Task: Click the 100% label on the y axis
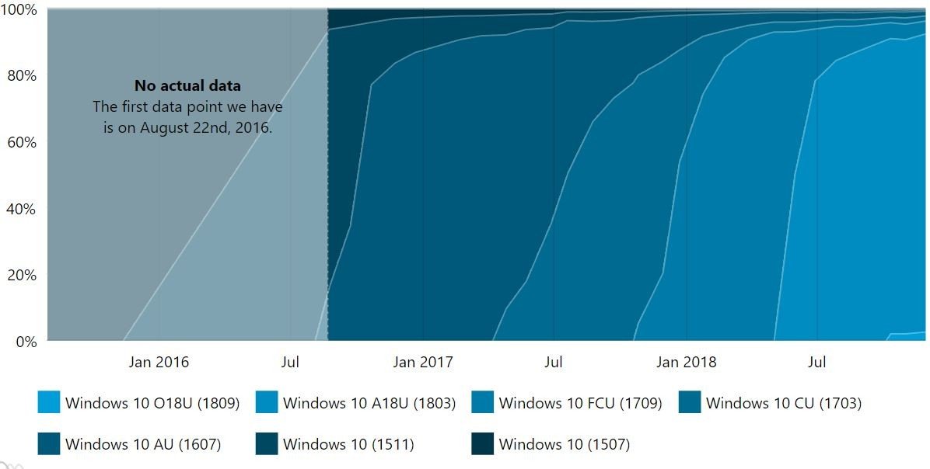pos(18,10)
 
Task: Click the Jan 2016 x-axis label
pos(159,362)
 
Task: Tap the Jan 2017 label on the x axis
pos(423,362)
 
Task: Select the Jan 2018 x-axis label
pos(687,362)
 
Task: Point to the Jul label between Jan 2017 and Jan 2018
pos(554,362)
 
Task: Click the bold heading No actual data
pos(187,85)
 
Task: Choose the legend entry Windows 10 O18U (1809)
pos(152,403)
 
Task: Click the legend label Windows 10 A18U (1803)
pos(369,403)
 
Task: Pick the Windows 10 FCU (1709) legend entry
pos(580,403)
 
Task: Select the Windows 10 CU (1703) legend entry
pos(783,403)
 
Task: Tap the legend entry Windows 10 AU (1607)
pos(143,444)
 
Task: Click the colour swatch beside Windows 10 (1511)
pos(267,444)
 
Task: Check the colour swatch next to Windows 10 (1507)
pos(482,444)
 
